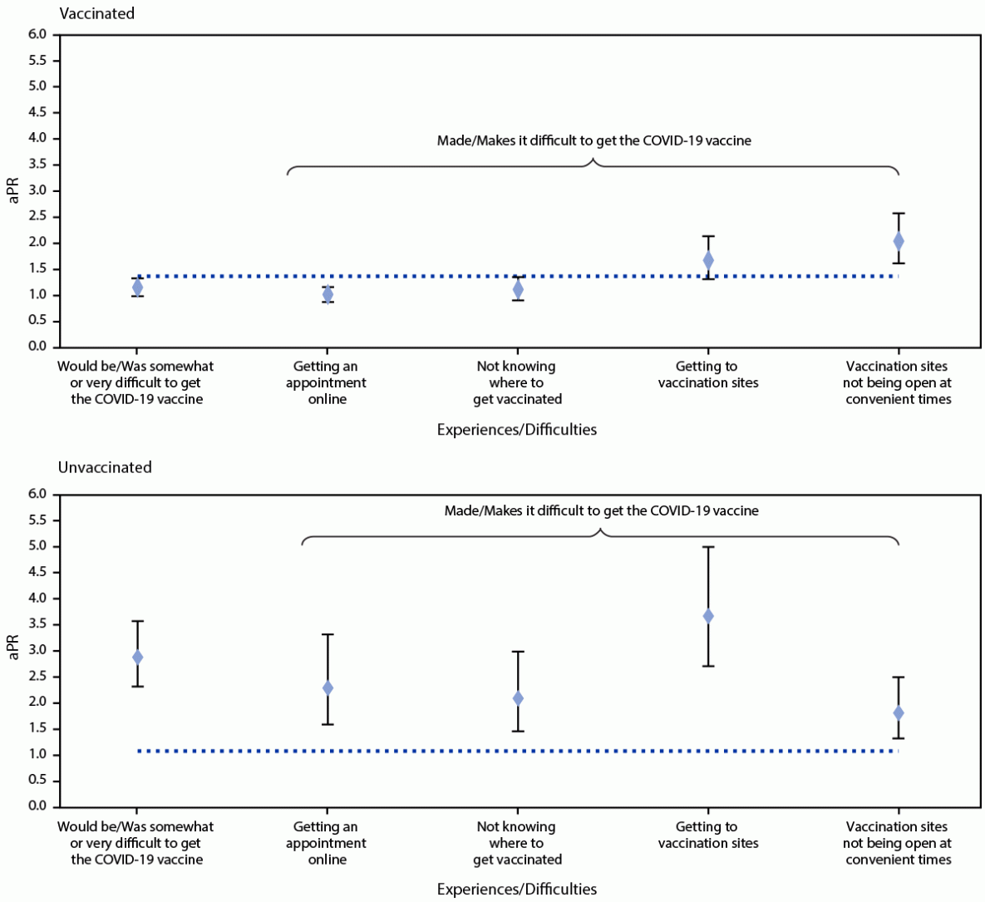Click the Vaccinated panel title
pyautogui.click(x=96, y=13)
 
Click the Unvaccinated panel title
pyautogui.click(x=105, y=467)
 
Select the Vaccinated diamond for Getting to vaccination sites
pyautogui.click(x=708, y=260)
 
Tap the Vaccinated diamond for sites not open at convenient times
pyautogui.click(x=899, y=241)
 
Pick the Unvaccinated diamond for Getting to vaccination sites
pyautogui.click(x=708, y=616)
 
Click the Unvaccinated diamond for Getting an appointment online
pyautogui.click(x=328, y=688)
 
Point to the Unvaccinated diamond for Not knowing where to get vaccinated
pyautogui.click(x=518, y=698)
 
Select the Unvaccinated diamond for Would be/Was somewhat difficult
pyautogui.click(x=137, y=657)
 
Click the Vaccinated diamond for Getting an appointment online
pyautogui.click(x=328, y=293)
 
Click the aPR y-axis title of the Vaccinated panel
pyautogui.click(x=13, y=190)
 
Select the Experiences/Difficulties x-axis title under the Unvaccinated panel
pyautogui.click(x=516, y=890)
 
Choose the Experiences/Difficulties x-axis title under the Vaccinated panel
pyautogui.click(x=516, y=430)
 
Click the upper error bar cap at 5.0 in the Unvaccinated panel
pyautogui.click(x=708, y=547)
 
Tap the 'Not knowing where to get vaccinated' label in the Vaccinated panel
pyautogui.click(x=517, y=382)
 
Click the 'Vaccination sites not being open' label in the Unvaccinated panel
pyautogui.click(x=898, y=843)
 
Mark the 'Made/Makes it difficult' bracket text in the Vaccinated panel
pyautogui.click(x=593, y=140)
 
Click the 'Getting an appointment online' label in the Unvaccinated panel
pyautogui.click(x=327, y=843)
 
